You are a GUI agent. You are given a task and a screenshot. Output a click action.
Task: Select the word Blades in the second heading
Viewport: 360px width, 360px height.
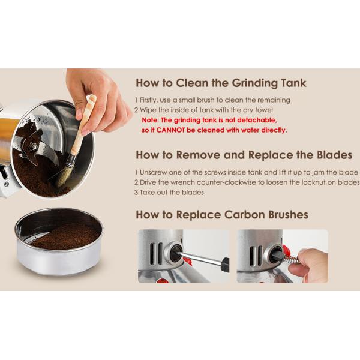point(335,155)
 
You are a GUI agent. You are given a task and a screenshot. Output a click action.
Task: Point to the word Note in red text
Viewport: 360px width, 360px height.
point(150,120)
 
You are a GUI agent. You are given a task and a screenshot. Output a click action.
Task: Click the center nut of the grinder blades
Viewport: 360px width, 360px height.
point(34,146)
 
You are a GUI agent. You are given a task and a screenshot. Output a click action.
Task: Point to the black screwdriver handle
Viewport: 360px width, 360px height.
point(226,265)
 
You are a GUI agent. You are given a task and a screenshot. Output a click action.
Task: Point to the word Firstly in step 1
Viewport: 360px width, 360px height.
point(148,100)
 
